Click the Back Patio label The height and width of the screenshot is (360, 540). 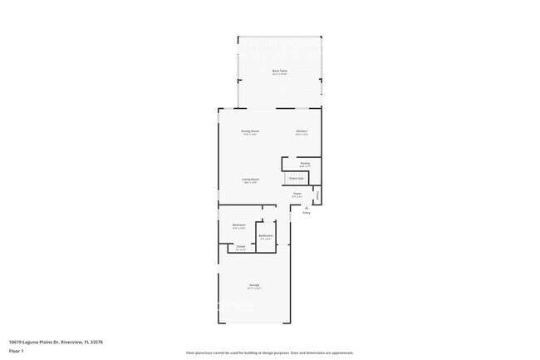(x=279, y=72)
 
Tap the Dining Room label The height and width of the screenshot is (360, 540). (x=250, y=131)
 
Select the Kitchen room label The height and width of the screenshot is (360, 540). (x=302, y=131)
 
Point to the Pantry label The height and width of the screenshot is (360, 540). (x=305, y=163)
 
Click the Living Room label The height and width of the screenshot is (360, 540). (x=250, y=180)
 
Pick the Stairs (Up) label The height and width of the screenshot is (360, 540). (x=296, y=178)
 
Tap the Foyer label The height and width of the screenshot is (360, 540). (x=297, y=194)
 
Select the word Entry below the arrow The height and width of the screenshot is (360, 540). (x=306, y=213)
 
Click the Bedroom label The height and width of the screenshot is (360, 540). (x=238, y=226)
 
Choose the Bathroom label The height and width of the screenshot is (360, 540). (x=266, y=236)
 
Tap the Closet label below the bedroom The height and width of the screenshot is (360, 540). (x=240, y=247)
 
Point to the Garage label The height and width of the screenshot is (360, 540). (x=254, y=286)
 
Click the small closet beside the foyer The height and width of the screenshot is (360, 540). (x=317, y=195)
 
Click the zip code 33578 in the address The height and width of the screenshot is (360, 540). (x=96, y=341)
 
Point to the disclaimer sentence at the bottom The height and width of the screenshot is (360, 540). (x=270, y=353)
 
